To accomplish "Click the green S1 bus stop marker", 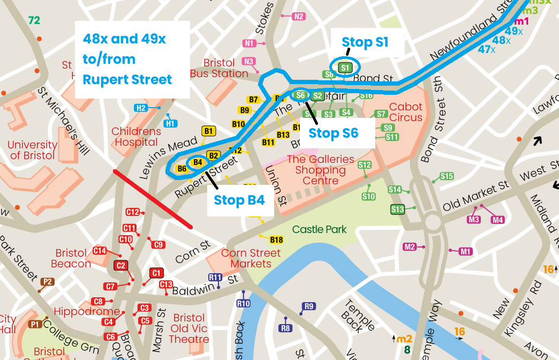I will pyautogui.click(x=345, y=67).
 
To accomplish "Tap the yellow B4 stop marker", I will pyautogui.click(x=197, y=162).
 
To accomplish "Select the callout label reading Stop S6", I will pyautogui.click(x=335, y=133).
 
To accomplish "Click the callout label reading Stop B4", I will pyautogui.click(x=239, y=200).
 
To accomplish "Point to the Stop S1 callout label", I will pyautogui.click(x=365, y=42).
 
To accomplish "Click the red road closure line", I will pyautogui.click(x=153, y=199).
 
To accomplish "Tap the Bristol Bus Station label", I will pyautogui.click(x=219, y=69).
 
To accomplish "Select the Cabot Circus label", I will pyautogui.click(x=405, y=112).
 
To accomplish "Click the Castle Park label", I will pyautogui.click(x=319, y=229).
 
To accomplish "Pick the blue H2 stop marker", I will pyautogui.click(x=140, y=108).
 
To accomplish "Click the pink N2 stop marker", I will pyautogui.click(x=299, y=17).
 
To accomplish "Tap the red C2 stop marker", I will pyautogui.click(x=121, y=266).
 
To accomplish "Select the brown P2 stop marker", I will pyautogui.click(x=48, y=282).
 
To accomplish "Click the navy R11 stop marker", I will pyautogui.click(x=215, y=277).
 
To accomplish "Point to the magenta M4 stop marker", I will pyautogui.click(x=497, y=220).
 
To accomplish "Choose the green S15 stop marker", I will pyautogui.click(x=447, y=176).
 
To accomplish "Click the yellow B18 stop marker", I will pyautogui.click(x=276, y=239).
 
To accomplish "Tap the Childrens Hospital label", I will pyautogui.click(x=136, y=137).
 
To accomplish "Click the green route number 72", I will pyautogui.click(x=34, y=21).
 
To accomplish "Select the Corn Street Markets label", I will pyautogui.click(x=251, y=258).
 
